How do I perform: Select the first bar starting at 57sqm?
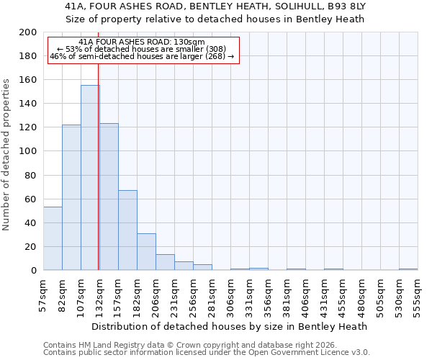click(x=53, y=238)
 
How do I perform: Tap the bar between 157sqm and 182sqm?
click(x=127, y=230)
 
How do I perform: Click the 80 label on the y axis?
click(x=31, y=175)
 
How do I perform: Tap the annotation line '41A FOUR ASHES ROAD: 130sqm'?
click(x=142, y=42)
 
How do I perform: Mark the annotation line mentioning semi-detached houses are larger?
click(x=142, y=56)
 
